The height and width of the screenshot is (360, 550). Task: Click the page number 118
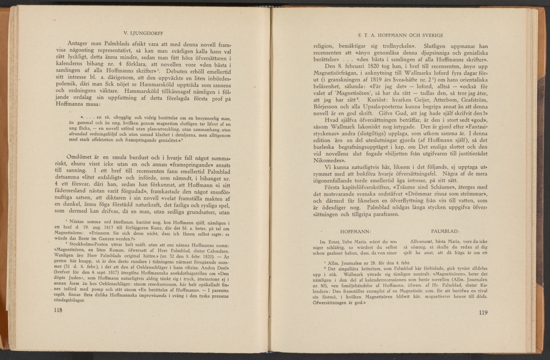59,310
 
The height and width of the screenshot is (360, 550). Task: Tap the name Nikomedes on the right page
329,161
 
